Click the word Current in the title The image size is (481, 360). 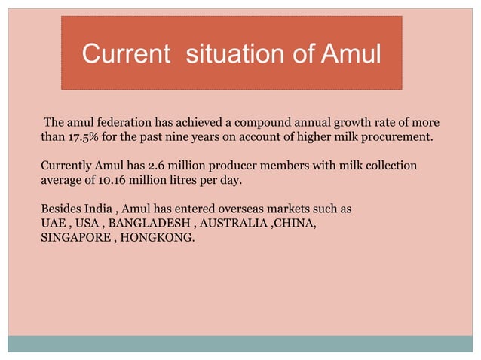(125, 55)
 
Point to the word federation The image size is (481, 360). (120, 122)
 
